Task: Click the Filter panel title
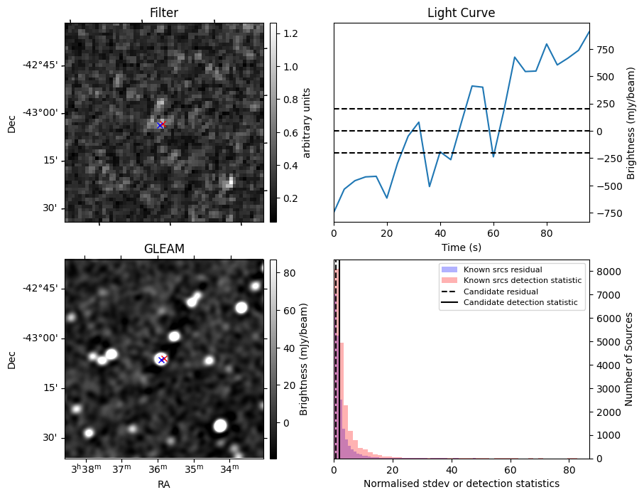tap(164, 13)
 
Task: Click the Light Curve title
tap(461, 13)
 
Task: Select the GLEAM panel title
tap(164, 249)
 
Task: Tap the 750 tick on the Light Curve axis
tap(605, 50)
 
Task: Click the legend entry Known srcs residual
tap(503, 270)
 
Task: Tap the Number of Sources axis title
tap(628, 358)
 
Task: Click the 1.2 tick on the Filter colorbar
tap(286, 33)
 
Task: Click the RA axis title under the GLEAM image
tap(164, 484)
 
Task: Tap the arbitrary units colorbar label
tap(307, 122)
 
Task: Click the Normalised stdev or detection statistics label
tap(461, 483)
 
